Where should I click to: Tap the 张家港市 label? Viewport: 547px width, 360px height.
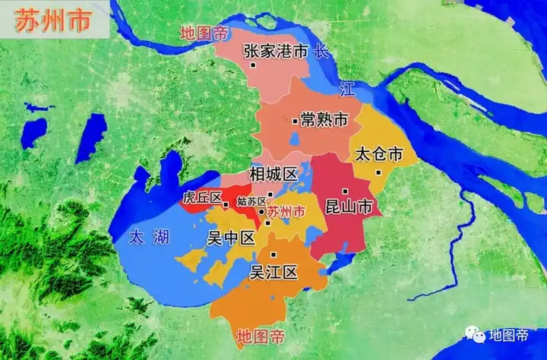click(x=275, y=51)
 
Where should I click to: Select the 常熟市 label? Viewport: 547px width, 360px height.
click(x=324, y=120)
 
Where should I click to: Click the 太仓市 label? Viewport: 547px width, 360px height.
click(x=378, y=154)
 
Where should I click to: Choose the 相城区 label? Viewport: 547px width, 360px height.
click(x=273, y=174)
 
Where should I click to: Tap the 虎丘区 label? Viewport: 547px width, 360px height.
click(x=201, y=198)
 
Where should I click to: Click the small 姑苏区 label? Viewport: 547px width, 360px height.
click(x=251, y=201)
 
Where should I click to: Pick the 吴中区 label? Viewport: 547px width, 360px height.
click(x=231, y=238)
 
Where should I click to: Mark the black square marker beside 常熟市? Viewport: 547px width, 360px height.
click(x=295, y=121)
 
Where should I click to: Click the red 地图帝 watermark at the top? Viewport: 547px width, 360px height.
click(x=203, y=34)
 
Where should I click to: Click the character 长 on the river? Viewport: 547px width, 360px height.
click(x=322, y=52)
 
